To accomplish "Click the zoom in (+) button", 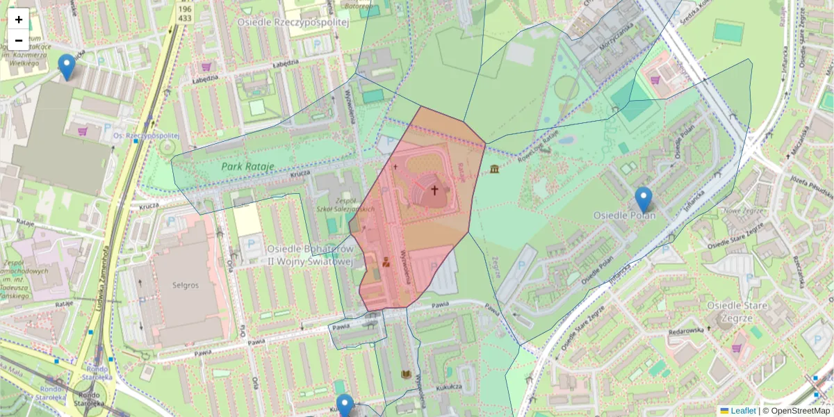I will (x=19, y=19).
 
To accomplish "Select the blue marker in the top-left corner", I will (x=67, y=67).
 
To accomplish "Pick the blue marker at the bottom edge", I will (x=345, y=406).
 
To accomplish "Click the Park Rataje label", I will (x=248, y=167).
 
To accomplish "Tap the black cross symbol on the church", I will (x=435, y=190).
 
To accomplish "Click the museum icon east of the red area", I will (x=494, y=170).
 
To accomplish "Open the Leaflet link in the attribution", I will (x=742, y=411).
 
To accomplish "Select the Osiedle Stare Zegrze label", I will (x=737, y=311).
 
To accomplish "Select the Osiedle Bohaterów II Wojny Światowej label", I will (x=311, y=255).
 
